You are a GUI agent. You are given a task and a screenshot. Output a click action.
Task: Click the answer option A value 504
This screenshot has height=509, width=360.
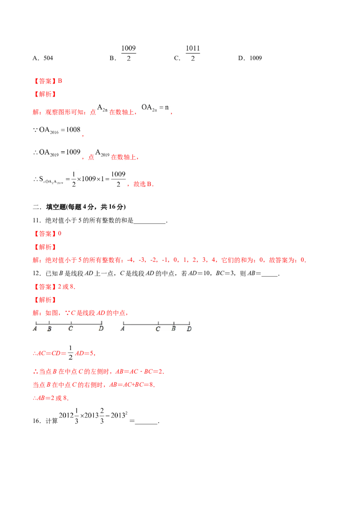[x=48, y=58]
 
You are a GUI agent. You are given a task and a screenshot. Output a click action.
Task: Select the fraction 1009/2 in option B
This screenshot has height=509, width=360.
[x=128, y=53]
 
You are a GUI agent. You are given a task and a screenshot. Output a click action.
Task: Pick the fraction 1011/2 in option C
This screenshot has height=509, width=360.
[x=193, y=53]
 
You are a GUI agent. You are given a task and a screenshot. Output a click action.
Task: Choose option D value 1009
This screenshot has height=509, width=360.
[x=256, y=58]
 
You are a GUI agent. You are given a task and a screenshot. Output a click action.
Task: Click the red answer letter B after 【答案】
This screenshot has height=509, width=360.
[x=60, y=81]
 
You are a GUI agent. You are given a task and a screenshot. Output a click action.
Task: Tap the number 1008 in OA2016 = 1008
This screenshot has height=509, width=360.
[x=73, y=129]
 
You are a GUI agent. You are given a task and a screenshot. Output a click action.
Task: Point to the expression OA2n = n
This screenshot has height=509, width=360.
[x=155, y=107]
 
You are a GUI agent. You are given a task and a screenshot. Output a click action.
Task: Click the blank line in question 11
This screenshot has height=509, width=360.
[x=149, y=223]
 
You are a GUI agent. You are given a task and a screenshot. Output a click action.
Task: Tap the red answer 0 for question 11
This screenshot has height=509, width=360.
[x=59, y=233]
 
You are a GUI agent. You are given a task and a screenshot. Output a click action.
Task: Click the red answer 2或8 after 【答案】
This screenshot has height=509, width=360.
[x=66, y=286]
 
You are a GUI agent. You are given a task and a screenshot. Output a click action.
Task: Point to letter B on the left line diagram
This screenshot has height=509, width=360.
[x=49, y=329]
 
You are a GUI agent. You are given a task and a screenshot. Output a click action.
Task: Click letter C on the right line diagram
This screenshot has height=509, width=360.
[x=158, y=329]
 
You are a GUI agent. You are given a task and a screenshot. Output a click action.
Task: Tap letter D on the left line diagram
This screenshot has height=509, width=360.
[x=101, y=329]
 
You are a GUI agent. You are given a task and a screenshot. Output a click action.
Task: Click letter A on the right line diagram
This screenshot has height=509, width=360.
[x=122, y=329]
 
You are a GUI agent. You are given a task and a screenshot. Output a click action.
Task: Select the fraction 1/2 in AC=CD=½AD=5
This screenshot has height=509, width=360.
[x=71, y=353]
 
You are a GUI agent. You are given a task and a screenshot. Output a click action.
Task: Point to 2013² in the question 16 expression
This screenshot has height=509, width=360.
[x=119, y=415]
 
